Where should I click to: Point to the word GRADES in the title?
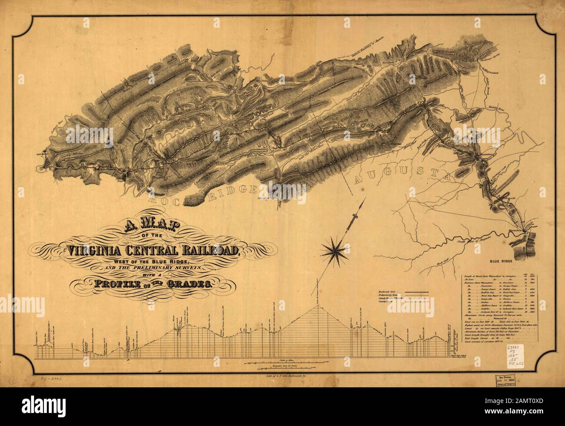(x=188, y=285)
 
